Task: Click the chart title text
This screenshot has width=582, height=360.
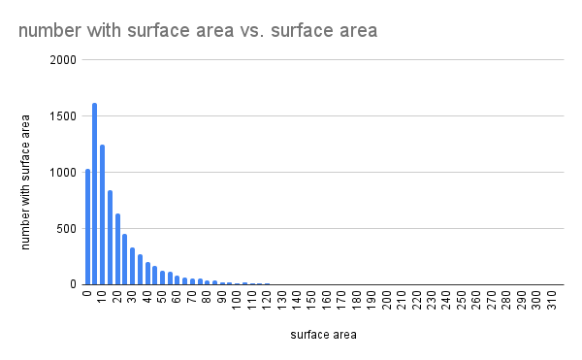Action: coord(197,31)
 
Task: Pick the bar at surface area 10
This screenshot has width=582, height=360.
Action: coord(102,214)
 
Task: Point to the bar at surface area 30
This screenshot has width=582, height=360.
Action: coord(132,266)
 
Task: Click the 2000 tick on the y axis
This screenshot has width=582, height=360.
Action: coord(64,60)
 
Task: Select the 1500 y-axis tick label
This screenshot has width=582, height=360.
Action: coord(64,116)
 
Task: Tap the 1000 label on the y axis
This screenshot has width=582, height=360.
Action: coord(64,173)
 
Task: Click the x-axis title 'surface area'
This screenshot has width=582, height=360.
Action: coord(323,336)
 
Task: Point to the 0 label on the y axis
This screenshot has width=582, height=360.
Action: coord(73,285)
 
